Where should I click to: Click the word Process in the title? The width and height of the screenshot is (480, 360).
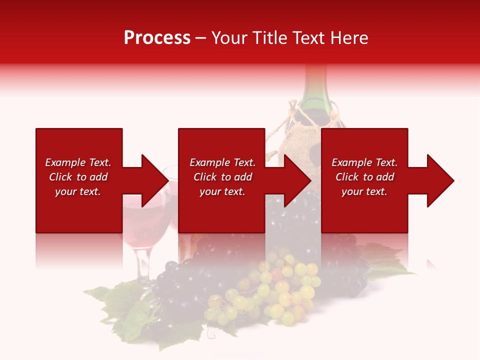tap(157, 38)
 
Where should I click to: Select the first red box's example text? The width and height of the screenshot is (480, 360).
tap(78, 177)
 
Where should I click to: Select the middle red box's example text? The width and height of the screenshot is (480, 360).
tap(222, 177)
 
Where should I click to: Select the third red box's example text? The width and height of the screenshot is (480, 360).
tap(364, 177)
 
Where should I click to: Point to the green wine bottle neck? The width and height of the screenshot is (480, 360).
tap(315, 85)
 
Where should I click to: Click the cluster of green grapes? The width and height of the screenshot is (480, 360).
tap(280, 290)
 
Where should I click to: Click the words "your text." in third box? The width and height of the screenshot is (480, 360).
tap(364, 191)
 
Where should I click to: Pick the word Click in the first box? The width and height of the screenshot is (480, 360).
tap(61, 177)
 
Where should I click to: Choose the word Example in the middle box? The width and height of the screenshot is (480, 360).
tap(207, 162)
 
